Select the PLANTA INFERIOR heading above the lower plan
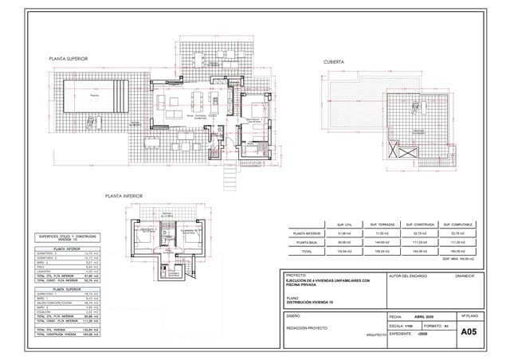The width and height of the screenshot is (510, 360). [123, 194]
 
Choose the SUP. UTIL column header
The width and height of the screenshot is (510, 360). [345, 225]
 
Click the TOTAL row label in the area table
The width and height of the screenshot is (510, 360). [306, 251]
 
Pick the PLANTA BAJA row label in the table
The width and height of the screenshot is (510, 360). [306, 242]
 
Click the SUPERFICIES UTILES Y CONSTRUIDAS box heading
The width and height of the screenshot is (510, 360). [69, 237]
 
